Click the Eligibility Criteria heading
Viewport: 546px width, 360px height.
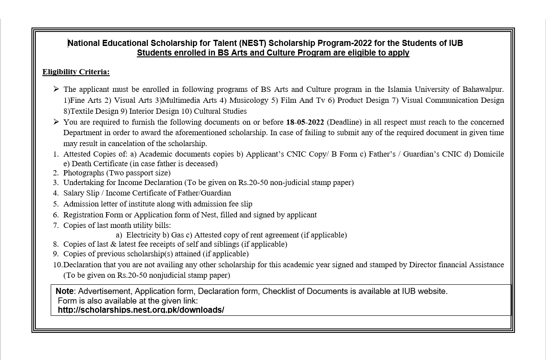tap(76, 72)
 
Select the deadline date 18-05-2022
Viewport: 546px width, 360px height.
tap(305, 122)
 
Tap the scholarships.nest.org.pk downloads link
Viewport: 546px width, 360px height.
tap(141, 310)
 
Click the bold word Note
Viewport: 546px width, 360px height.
tap(65, 291)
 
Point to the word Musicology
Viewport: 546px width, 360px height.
tap(249, 100)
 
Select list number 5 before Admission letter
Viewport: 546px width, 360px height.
tap(56, 204)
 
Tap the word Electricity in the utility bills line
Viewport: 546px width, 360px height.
tap(143, 235)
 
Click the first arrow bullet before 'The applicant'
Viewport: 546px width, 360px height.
tap(56, 89)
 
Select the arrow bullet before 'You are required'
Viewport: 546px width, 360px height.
tap(56, 122)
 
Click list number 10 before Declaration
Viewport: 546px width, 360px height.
tap(58, 265)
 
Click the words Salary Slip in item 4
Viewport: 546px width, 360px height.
tap(81, 193)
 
